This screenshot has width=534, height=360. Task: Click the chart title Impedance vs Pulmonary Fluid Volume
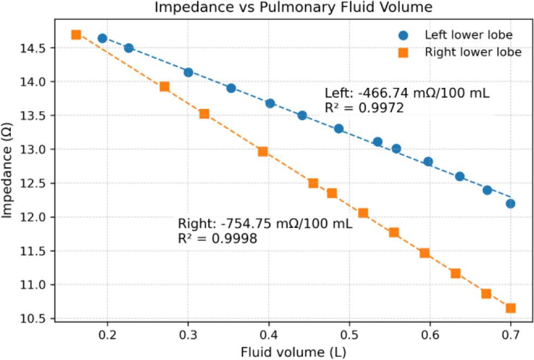click(x=293, y=8)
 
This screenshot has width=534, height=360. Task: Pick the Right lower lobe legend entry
click(x=473, y=52)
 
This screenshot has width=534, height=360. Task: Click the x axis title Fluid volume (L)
click(x=293, y=353)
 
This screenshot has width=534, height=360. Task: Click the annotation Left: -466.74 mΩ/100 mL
click(x=407, y=93)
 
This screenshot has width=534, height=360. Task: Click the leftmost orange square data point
click(x=76, y=34)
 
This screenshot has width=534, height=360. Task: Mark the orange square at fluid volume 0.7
click(x=511, y=308)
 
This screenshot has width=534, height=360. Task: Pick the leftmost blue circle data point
click(x=102, y=38)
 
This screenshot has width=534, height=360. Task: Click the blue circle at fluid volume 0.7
click(x=511, y=203)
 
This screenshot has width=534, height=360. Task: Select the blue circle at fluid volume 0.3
click(x=188, y=72)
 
